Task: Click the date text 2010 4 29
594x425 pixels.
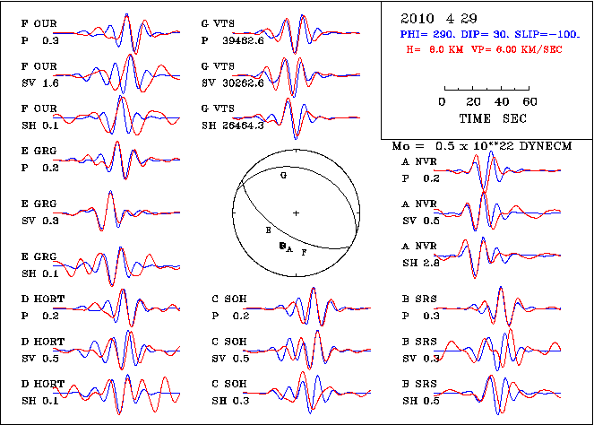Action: [x=430, y=18]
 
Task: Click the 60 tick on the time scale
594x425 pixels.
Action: [x=529, y=102]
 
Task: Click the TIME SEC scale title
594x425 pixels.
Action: [x=486, y=117]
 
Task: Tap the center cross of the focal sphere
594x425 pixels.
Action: [x=295, y=212]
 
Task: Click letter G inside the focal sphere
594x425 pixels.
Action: [x=283, y=178]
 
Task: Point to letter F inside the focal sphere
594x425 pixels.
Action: [x=305, y=253]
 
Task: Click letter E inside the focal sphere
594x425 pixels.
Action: [x=267, y=231]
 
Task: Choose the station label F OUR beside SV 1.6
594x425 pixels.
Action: [x=38, y=67]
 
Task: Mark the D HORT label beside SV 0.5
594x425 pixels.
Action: [x=41, y=343]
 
